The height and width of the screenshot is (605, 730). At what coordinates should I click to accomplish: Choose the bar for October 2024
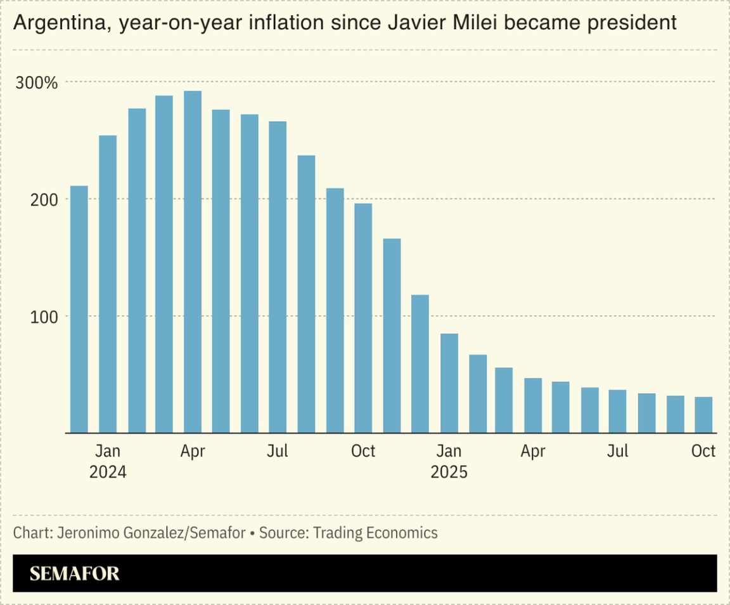(x=363, y=318)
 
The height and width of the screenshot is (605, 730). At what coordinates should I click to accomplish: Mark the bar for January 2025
(x=449, y=383)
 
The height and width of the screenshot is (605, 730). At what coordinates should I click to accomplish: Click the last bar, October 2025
(x=703, y=415)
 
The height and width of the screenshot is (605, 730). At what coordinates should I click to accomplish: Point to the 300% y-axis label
(x=37, y=83)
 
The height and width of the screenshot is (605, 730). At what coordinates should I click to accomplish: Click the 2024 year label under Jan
(x=108, y=472)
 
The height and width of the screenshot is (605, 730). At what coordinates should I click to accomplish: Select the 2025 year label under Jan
(x=449, y=472)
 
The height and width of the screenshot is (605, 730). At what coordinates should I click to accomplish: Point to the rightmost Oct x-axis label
(x=703, y=451)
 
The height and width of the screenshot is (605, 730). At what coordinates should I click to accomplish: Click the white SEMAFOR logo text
(x=74, y=574)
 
